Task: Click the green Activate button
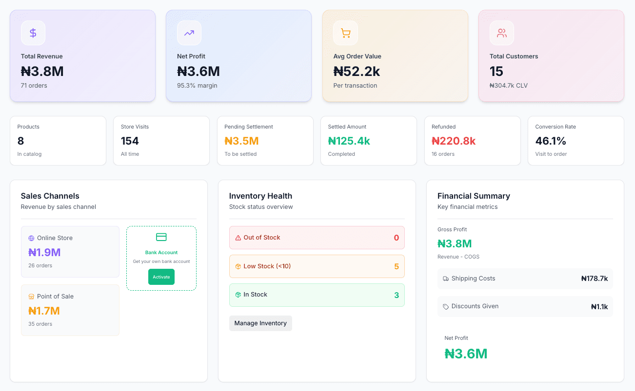pyautogui.click(x=161, y=277)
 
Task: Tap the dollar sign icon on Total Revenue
pyautogui.click(x=33, y=33)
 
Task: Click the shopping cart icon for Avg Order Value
pyautogui.click(x=345, y=33)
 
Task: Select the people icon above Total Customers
pyautogui.click(x=501, y=33)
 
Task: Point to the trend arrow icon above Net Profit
pyautogui.click(x=189, y=33)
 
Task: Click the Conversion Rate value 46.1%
pyautogui.click(x=551, y=141)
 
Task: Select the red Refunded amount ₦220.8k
pyautogui.click(x=453, y=141)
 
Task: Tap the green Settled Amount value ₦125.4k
pyautogui.click(x=349, y=141)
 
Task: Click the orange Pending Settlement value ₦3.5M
pyautogui.click(x=241, y=141)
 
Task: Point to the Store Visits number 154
pyautogui.click(x=130, y=141)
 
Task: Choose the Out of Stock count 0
pyautogui.click(x=396, y=238)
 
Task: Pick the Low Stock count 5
pyautogui.click(x=396, y=266)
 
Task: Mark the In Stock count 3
pyautogui.click(x=396, y=295)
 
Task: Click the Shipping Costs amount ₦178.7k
pyautogui.click(x=594, y=279)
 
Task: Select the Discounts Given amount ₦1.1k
pyautogui.click(x=599, y=307)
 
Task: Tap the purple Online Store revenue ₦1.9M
pyautogui.click(x=44, y=252)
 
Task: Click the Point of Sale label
pyautogui.click(x=55, y=296)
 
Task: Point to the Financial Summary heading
pyautogui.click(x=474, y=196)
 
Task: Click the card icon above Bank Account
pyautogui.click(x=161, y=237)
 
